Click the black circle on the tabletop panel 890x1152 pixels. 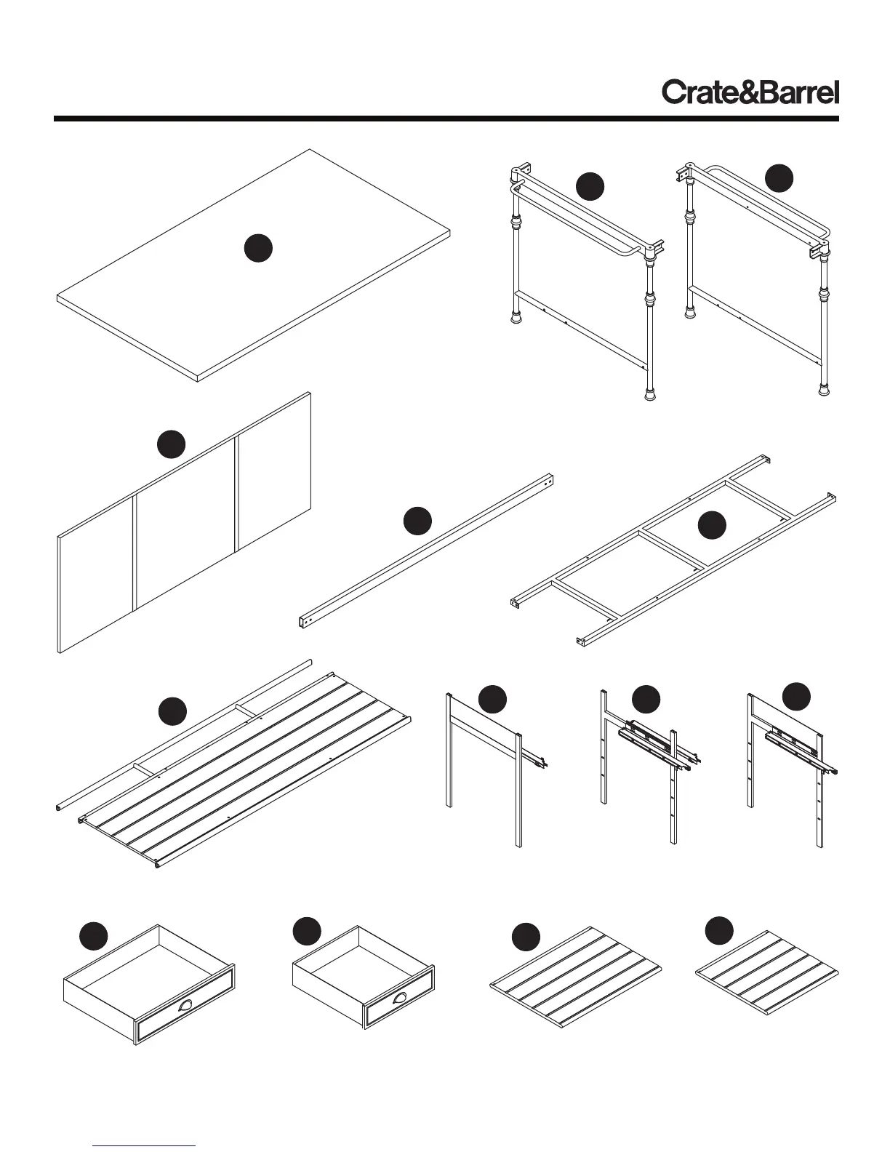click(x=258, y=248)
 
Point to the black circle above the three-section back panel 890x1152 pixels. click(x=172, y=444)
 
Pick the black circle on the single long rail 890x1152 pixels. click(x=417, y=521)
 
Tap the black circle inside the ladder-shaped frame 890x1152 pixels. click(x=712, y=526)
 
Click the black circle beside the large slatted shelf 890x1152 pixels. click(x=173, y=711)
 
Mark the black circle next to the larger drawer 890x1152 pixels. click(x=93, y=936)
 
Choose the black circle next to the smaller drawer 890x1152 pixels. click(x=307, y=932)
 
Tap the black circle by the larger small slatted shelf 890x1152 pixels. click(x=526, y=937)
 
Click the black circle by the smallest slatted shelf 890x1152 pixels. click(x=719, y=932)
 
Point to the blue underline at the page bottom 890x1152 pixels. click(x=144, y=1145)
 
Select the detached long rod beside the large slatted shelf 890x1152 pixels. click(x=182, y=735)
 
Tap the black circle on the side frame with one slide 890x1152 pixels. click(x=492, y=699)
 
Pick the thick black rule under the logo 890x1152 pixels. click(x=446, y=118)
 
